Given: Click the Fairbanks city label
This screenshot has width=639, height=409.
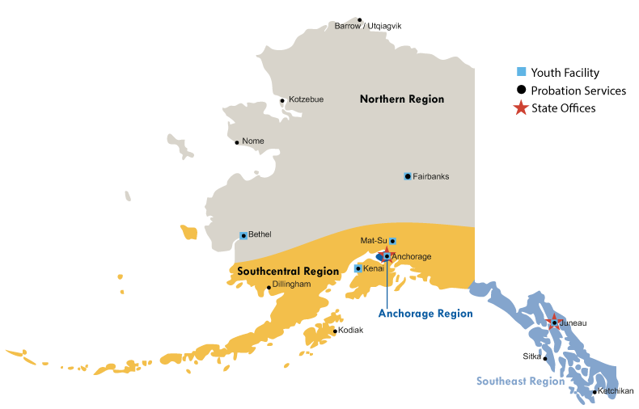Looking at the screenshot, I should tap(431, 176).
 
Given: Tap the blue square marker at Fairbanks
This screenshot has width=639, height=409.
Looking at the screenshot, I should tap(408, 176).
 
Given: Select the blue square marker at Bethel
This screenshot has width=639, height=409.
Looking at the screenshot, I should tap(243, 235).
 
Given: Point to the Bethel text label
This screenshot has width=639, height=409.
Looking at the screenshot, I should tap(260, 235).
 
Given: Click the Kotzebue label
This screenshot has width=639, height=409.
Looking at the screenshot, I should tap(307, 99).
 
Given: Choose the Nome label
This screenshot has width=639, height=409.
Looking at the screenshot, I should tap(253, 141).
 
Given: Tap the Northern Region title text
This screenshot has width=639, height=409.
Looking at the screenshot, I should tap(402, 99).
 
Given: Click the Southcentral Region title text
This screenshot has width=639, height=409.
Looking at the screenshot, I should tap(288, 272).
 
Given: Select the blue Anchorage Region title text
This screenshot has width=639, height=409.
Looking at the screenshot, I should tap(425, 314).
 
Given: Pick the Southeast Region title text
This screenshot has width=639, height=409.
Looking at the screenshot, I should tap(520, 382).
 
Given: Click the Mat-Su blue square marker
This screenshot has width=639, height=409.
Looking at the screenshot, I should tap(392, 241).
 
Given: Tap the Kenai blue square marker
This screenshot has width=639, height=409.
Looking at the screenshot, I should tap(358, 268).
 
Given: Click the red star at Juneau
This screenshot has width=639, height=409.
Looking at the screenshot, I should tap(553, 322).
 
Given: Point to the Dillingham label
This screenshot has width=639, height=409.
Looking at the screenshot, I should tap(292, 285).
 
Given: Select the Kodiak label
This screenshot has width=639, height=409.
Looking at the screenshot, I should tap(351, 330).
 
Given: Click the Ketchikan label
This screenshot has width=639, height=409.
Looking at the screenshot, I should tap(616, 391).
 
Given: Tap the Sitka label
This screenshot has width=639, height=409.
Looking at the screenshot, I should tap(531, 356).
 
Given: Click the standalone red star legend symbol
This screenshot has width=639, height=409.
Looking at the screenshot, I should tap(522, 108).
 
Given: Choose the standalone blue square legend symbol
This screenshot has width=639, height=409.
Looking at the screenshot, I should tap(522, 72).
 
